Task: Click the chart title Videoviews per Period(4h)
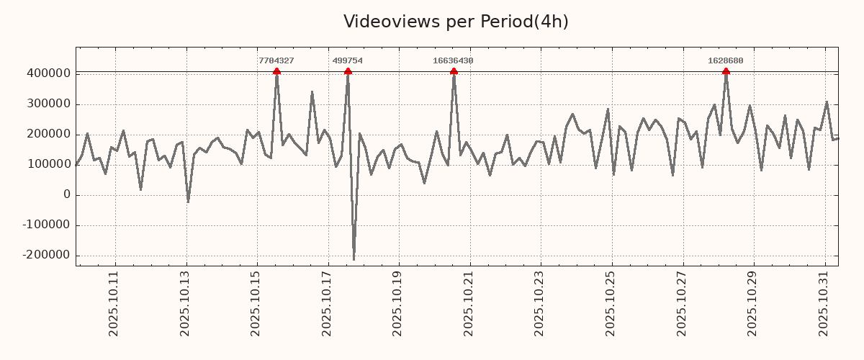coord(456,22)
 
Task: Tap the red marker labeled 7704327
coord(276,71)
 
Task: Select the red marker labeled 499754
coord(348,71)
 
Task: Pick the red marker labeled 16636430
coord(454,71)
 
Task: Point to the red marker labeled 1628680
coord(726,71)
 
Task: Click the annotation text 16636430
coord(453,61)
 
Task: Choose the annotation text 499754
coord(348,61)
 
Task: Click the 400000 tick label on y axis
coord(48,73)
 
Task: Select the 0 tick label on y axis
coord(67,195)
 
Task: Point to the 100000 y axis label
coord(48,165)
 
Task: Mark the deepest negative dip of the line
coord(354,259)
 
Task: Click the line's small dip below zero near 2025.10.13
coord(188,202)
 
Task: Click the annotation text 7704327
coord(276,61)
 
